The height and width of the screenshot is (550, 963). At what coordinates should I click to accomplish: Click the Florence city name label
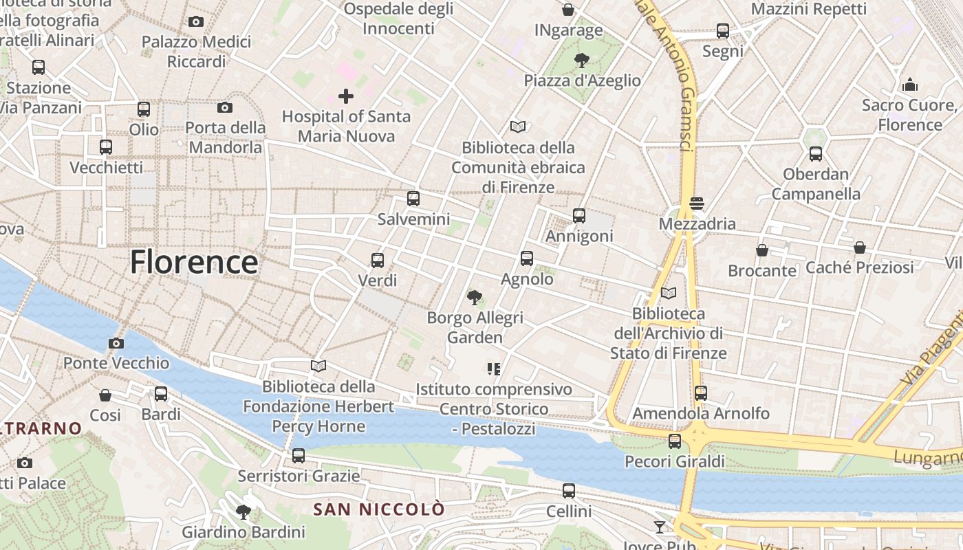[x=194, y=262]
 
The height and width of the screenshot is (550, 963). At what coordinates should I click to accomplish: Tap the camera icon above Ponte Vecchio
[x=116, y=343]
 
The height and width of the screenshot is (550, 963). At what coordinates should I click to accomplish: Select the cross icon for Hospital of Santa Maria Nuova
[x=346, y=96]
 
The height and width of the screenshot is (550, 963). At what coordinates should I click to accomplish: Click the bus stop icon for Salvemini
[x=413, y=199]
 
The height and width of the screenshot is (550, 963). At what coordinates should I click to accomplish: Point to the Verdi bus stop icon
[x=378, y=260]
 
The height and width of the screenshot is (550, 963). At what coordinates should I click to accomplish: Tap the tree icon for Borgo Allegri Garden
[x=474, y=298]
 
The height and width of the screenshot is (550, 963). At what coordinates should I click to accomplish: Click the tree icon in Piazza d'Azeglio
[x=582, y=60]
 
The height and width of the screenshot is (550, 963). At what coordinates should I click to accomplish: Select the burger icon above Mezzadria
[x=697, y=203]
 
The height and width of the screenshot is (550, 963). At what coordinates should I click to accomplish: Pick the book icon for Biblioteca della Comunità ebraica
[x=518, y=126]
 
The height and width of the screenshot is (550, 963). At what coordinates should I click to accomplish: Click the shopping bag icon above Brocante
[x=762, y=250]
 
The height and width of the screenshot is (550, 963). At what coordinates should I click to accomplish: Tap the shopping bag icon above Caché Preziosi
[x=860, y=247]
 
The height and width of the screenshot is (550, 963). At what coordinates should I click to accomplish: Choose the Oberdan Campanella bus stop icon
[x=816, y=154]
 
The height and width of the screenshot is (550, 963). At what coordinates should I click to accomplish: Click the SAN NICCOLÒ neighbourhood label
[x=379, y=509]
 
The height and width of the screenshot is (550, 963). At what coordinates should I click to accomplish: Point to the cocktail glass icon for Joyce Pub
[x=660, y=527]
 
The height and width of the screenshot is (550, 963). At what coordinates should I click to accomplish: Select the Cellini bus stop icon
[x=569, y=491]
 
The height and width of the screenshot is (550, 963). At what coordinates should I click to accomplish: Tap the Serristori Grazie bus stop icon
[x=299, y=455]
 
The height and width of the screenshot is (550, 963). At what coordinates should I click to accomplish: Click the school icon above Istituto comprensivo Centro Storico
[x=493, y=369]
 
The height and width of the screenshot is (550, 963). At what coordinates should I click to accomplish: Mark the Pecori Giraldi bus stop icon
[x=675, y=441]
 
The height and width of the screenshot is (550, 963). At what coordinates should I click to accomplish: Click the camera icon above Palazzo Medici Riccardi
[x=196, y=21]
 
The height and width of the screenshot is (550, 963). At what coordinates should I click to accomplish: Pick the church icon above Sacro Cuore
[x=910, y=85]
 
